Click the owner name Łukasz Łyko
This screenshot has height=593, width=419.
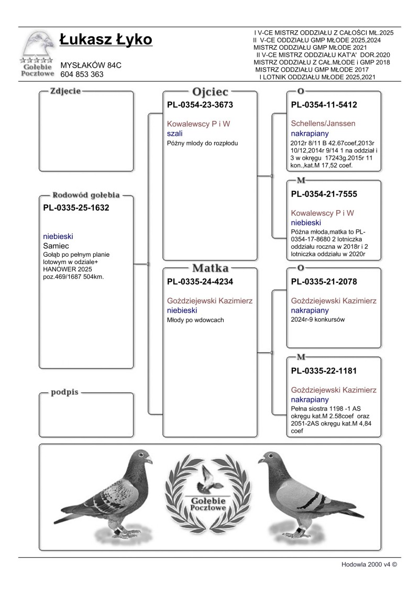[x=106, y=40]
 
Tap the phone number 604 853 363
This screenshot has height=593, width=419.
[x=82, y=74]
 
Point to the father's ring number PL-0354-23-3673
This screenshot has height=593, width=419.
[x=200, y=105]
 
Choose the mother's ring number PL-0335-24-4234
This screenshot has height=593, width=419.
[x=200, y=282]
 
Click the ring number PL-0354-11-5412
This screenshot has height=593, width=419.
[x=324, y=105]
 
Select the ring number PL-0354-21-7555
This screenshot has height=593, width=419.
[x=324, y=194]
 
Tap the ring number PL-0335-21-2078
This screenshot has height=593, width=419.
[x=324, y=282]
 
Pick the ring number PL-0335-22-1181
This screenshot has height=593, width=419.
[x=324, y=371]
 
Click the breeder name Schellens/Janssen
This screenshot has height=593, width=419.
[x=323, y=124]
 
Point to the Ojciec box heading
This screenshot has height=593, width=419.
[x=210, y=91]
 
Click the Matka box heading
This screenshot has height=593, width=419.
[x=210, y=268]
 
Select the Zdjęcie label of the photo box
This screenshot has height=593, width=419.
[x=65, y=91]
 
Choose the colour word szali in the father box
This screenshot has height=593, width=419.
[x=174, y=134]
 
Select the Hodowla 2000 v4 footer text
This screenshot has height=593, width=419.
[x=369, y=565]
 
